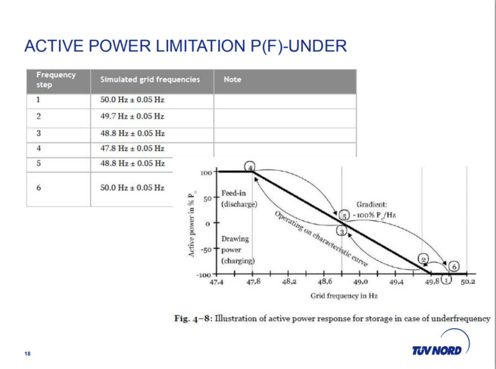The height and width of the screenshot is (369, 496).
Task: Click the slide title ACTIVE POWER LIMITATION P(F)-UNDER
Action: click(x=185, y=46)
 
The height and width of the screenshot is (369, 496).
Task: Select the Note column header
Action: click(x=232, y=79)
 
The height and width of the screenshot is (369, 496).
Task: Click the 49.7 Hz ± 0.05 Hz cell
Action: click(x=132, y=116)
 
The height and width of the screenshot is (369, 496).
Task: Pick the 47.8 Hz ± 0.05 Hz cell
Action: click(x=132, y=149)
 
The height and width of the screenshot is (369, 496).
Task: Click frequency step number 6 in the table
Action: click(x=38, y=187)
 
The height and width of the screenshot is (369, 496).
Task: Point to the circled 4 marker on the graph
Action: click(x=250, y=167)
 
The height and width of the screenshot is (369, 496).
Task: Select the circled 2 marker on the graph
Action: click(x=423, y=259)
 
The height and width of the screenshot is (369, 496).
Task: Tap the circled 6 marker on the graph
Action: click(x=454, y=267)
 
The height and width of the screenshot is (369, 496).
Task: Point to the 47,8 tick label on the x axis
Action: click(x=252, y=282)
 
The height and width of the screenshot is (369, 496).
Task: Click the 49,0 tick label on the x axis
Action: click(x=361, y=282)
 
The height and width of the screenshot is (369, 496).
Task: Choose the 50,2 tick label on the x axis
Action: click(x=467, y=282)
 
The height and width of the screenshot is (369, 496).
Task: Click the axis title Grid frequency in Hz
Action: click(x=344, y=296)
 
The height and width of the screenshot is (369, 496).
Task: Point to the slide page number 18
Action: click(x=27, y=354)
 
